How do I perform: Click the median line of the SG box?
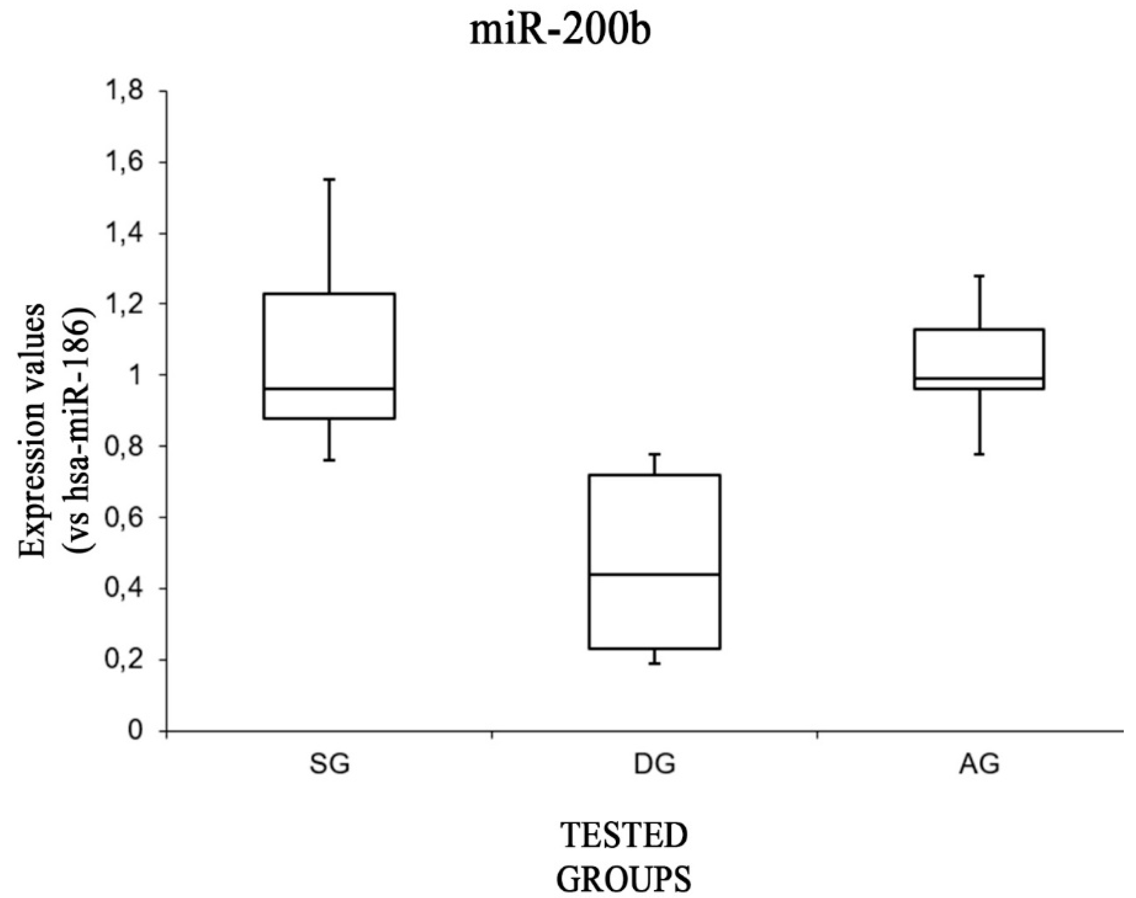pyautogui.click(x=329, y=389)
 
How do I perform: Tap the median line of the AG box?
pyautogui.click(x=979, y=379)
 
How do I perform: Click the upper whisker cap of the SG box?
pyautogui.click(x=329, y=179)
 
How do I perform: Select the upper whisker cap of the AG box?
pyautogui.click(x=979, y=275)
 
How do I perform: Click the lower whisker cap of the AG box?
pyautogui.click(x=979, y=454)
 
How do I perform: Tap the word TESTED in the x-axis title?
pyautogui.click(x=624, y=836)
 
